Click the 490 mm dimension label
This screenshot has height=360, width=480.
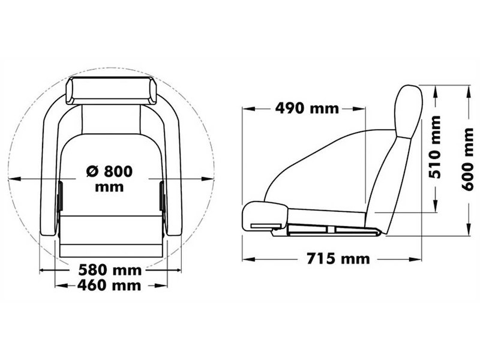[307, 109]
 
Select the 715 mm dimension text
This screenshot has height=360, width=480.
[338, 259]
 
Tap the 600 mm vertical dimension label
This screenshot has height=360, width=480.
[469, 159]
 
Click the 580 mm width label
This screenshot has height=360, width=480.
[109, 271]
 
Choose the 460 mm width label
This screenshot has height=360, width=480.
[109, 285]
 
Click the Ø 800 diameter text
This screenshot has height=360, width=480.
[109, 171]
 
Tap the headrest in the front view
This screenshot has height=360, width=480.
[110, 91]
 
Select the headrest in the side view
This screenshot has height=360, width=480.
[408, 111]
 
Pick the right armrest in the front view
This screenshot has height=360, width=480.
[173, 174]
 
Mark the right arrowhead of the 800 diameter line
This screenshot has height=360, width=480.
[211, 178]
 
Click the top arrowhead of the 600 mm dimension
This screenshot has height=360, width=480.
[469, 88]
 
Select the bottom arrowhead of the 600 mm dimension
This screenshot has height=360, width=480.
[469, 233]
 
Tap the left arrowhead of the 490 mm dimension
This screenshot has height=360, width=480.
[245, 109]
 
